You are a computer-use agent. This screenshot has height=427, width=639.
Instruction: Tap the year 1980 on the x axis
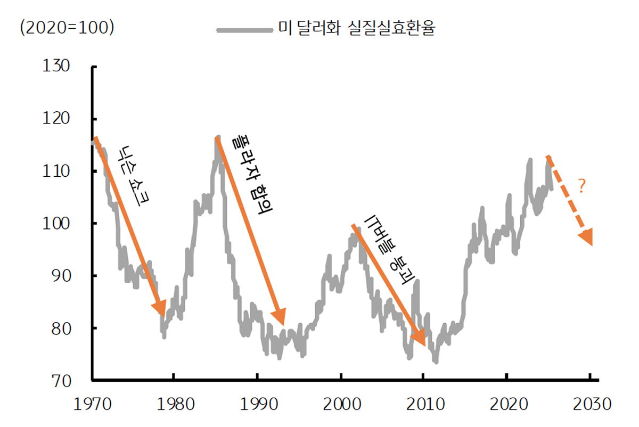[x=174, y=404]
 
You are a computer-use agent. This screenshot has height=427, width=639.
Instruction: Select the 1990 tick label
[x=257, y=404]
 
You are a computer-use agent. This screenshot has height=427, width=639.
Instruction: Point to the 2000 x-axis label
[x=340, y=404]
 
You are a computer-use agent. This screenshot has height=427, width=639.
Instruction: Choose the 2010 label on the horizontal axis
[x=423, y=404]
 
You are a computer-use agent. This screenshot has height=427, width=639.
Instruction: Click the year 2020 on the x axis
[x=507, y=404]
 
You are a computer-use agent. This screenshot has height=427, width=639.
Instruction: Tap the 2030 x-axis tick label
[x=590, y=404]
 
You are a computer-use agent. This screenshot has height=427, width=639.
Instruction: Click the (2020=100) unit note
[x=67, y=28]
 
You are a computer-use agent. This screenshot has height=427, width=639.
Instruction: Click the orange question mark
[x=581, y=186]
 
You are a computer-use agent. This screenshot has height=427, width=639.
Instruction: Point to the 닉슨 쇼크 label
[x=134, y=176]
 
